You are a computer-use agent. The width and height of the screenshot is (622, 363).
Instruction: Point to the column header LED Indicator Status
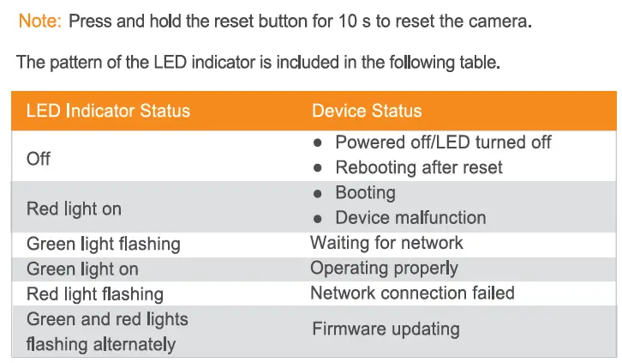pos(108,111)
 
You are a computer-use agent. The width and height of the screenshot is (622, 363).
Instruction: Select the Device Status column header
pos(367,111)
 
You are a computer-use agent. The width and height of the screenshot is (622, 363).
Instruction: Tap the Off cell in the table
pos(39,159)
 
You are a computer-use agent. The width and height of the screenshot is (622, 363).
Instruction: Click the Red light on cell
pos(74,209)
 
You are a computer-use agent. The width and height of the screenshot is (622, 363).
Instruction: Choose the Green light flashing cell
pos(103,244)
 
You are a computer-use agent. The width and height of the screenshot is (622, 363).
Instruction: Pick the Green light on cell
pos(82,269)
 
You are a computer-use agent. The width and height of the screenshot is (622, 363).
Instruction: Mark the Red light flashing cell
pos(94,294)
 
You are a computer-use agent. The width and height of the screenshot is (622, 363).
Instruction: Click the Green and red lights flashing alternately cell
pos(106,331)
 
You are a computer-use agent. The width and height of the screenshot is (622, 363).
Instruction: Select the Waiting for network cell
pos(386,243)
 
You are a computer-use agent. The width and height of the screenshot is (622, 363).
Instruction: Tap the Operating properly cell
pos(384,269)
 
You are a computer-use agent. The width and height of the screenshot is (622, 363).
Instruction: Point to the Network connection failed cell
pos(412,293)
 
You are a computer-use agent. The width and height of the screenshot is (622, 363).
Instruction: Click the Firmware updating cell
pos(386,329)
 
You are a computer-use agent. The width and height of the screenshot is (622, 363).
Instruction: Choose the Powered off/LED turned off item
pos(443,142)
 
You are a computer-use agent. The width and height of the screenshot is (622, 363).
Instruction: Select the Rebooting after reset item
pos(419,167)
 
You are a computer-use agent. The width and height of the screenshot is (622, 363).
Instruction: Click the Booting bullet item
pos(365,192)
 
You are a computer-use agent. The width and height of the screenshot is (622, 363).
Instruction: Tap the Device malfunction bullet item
pos(410,217)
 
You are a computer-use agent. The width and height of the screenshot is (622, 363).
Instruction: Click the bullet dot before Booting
pos(318,193)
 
